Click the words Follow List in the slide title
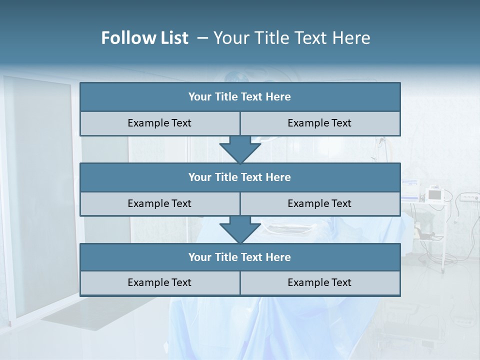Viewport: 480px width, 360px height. point(144,38)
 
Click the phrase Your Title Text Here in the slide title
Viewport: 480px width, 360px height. point(291,38)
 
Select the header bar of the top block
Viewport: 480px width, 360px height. point(240,97)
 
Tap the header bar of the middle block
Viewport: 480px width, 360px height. point(240,177)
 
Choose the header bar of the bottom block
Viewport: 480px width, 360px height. point(240,257)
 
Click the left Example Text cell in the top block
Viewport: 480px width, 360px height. point(159,123)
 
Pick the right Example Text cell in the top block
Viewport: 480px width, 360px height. point(319,123)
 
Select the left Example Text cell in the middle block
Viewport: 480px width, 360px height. point(159,204)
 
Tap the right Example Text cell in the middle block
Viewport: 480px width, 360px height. point(319,204)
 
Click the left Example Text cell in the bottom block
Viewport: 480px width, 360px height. point(159,283)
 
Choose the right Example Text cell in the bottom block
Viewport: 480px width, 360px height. point(319,283)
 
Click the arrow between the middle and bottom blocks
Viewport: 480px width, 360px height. point(240,229)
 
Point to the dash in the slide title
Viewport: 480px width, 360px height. point(202,38)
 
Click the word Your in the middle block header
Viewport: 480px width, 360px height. point(200,177)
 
